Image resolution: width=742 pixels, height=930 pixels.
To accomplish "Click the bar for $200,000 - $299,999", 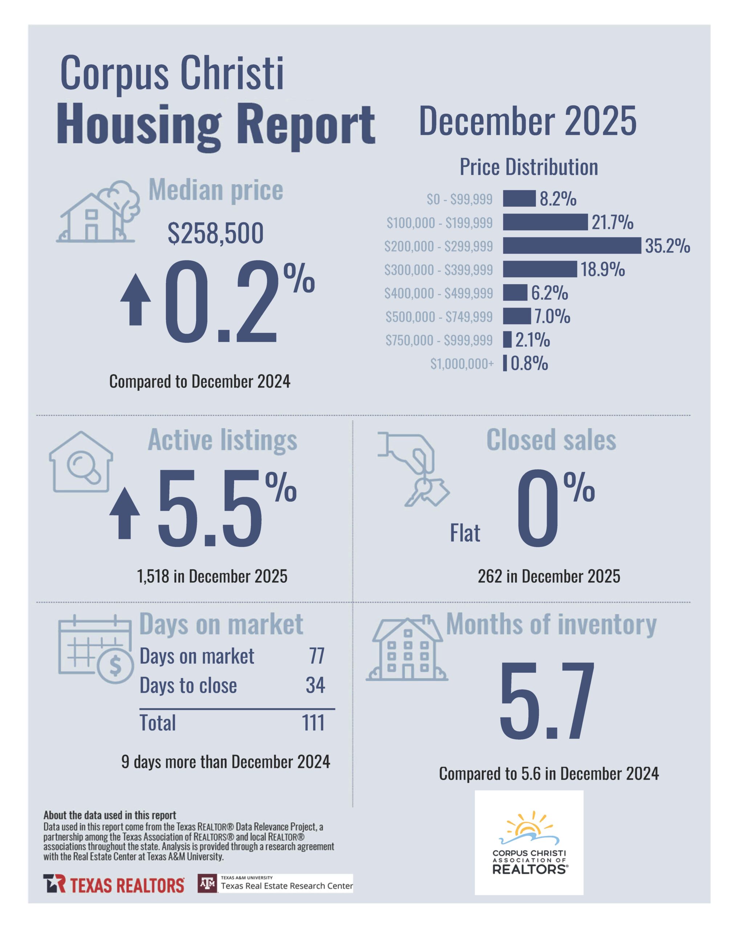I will (572, 246).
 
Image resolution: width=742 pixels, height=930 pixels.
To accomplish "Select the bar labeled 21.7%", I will (545, 222).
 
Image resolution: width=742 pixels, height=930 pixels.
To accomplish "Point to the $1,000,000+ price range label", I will (462, 364).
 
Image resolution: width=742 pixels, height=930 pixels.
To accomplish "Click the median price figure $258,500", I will (216, 233).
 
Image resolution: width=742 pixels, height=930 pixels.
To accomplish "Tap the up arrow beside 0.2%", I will (135, 299).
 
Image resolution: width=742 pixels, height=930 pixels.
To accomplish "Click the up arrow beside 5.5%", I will (125, 513).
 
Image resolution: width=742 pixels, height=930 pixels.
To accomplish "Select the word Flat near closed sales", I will (465, 533).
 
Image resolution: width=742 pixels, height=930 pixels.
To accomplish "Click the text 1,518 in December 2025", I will (212, 576).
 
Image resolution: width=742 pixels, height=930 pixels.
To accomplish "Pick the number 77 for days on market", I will (317, 656).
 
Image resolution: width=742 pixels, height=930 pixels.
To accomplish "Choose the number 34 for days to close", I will (315, 686).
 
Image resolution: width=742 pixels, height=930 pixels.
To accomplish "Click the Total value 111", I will (313, 723).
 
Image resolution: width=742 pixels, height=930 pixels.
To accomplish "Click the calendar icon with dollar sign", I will (96, 648).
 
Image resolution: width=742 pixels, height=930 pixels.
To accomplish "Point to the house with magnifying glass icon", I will (81, 462).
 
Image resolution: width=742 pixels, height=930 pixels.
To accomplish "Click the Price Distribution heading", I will (529, 167).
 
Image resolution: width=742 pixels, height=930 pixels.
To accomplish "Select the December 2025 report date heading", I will (527, 121).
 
